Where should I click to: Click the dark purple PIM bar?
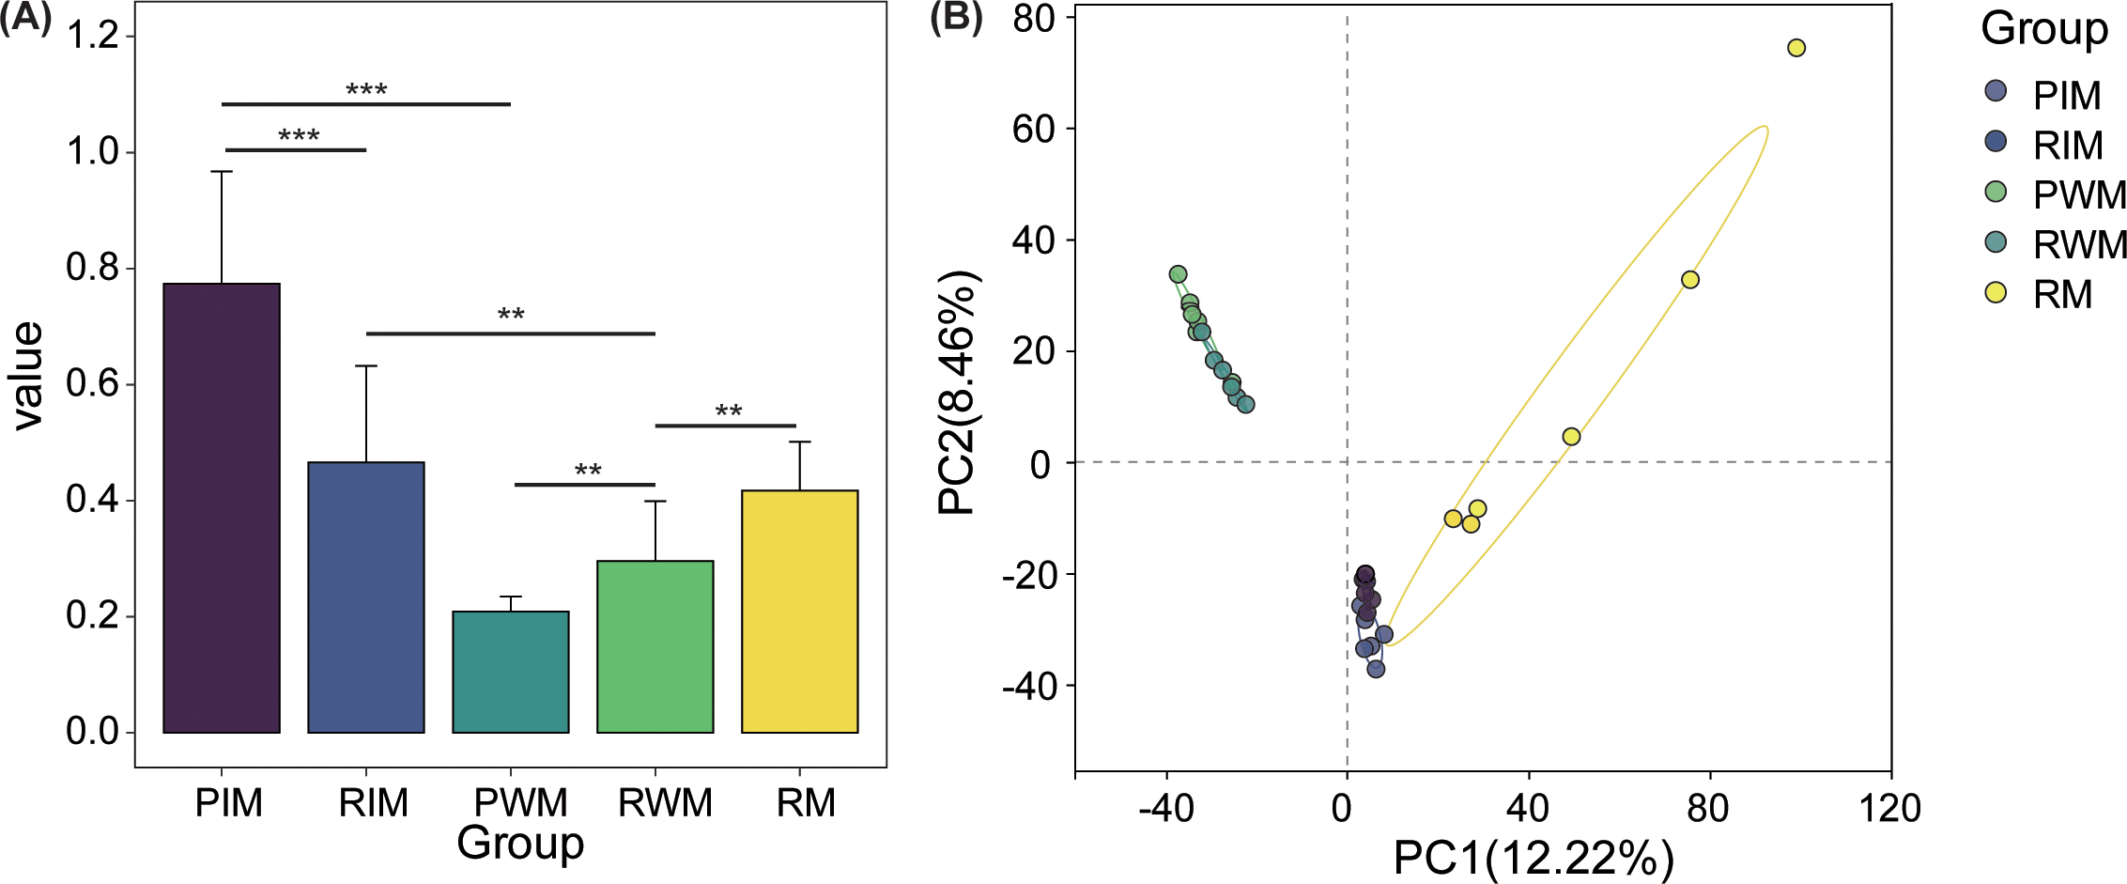[222, 507]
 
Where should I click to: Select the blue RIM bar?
[366, 597]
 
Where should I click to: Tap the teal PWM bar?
[511, 672]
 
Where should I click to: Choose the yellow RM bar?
[799, 611]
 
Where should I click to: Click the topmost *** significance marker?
[366, 90]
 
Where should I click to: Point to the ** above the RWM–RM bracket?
[728, 411]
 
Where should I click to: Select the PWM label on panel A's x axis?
[520, 803]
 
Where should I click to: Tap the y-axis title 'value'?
[28, 376]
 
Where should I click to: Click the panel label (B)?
[955, 18]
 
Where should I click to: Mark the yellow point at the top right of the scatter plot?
[1796, 48]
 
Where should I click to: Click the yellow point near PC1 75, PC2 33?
[1689, 280]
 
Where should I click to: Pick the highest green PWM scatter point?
[1178, 274]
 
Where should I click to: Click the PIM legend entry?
[2065, 95]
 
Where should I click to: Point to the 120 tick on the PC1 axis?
[1889, 808]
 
